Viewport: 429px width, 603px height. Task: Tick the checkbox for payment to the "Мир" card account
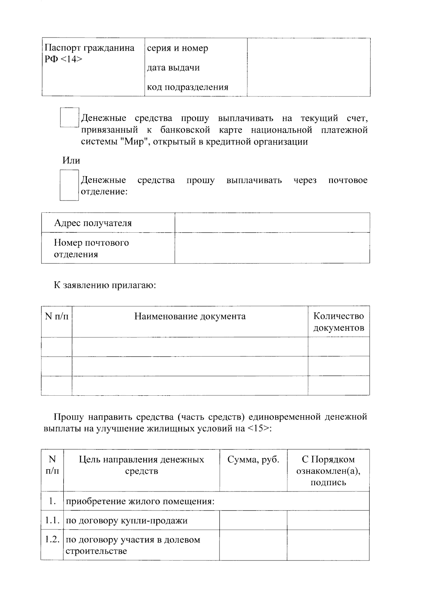(x=69, y=118)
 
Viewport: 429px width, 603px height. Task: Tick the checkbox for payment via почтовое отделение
(x=69, y=185)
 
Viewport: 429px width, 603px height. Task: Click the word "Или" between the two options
(x=71, y=160)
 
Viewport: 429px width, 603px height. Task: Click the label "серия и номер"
(x=178, y=48)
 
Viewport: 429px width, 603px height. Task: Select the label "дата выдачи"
(x=173, y=68)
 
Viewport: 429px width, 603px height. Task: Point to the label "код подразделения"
(x=188, y=87)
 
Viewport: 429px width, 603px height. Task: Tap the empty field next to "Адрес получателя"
(x=272, y=223)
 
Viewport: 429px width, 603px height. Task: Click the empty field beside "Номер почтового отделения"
(x=272, y=248)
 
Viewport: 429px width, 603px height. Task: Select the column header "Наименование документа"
(x=190, y=316)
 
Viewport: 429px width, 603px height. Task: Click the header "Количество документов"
(x=339, y=322)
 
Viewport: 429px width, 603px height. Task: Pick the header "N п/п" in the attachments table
(x=56, y=316)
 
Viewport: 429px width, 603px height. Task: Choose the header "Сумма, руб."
(x=253, y=460)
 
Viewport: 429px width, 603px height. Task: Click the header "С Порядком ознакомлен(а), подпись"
(x=328, y=471)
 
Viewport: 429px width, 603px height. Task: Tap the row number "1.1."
(x=52, y=520)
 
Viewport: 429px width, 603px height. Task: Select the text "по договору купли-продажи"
(x=127, y=521)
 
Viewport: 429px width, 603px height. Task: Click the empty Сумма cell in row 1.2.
(x=253, y=545)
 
